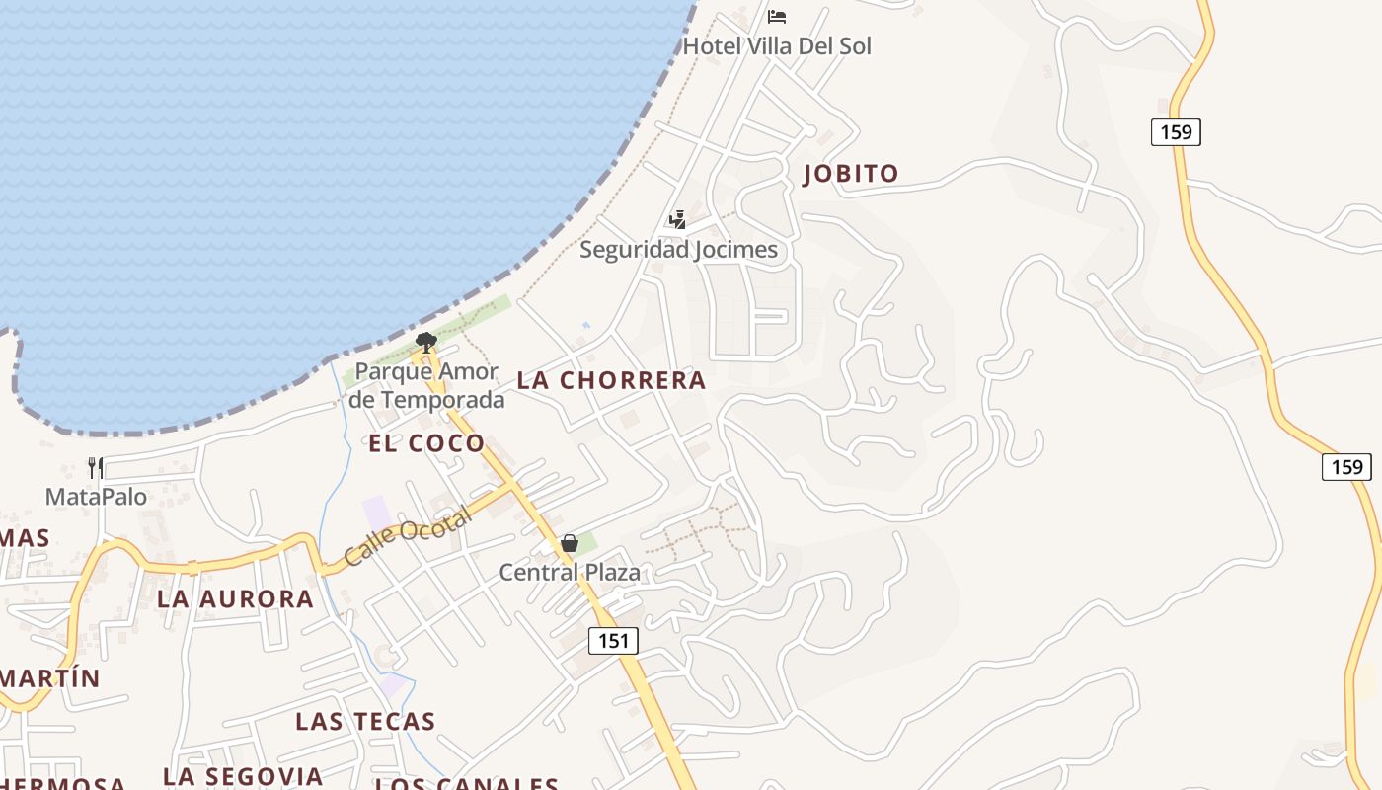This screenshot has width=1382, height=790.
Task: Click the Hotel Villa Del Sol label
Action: point(777,46)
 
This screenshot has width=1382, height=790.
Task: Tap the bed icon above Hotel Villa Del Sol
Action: point(777,17)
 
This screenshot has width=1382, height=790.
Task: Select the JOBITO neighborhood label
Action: point(851,174)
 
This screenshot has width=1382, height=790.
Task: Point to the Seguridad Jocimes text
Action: point(678,250)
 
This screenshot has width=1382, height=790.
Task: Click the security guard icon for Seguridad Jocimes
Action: point(677,219)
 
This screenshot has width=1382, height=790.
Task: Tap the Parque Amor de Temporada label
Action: point(426,386)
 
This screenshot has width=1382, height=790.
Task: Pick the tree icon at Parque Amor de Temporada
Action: point(426,343)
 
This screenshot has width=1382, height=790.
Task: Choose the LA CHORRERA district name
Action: point(612,380)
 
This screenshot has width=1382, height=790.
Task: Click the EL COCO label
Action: point(426,443)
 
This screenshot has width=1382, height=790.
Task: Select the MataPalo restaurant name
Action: point(96,497)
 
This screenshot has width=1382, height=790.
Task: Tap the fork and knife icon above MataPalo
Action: point(96,467)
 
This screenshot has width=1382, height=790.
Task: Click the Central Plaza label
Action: point(570,573)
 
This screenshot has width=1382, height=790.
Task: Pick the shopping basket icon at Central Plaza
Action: point(570,543)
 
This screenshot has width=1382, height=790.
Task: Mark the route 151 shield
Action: point(613,641)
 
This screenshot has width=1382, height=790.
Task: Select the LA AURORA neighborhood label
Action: point(235,599)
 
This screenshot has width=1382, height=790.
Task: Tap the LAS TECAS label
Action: point(365,722)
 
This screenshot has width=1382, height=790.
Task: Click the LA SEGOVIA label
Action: point(243,777)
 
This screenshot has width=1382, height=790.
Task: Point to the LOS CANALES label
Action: point(467,784)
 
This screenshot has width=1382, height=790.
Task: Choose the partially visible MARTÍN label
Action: point(51,678)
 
